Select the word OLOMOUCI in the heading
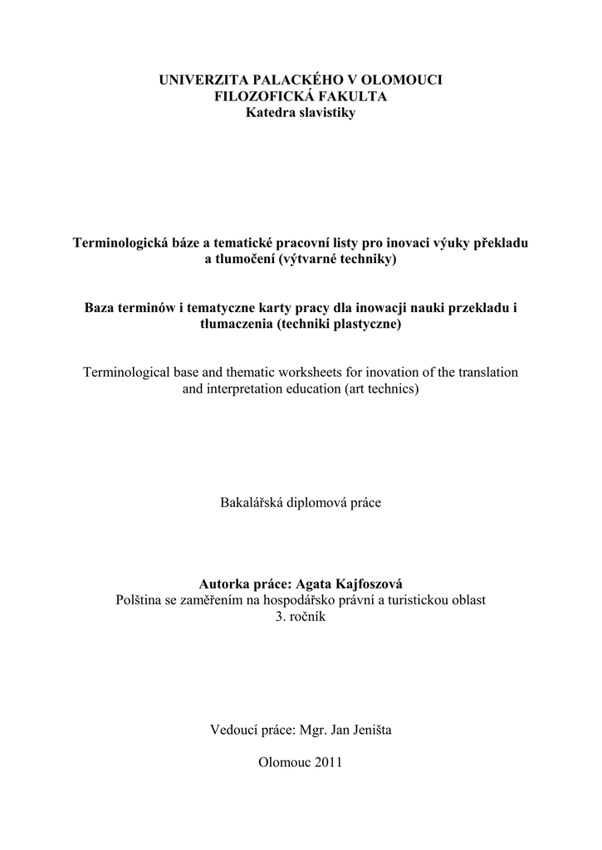[x=403, y=80]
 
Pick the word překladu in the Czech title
[x=501, y=243]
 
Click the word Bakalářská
[x=251, y=502]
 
